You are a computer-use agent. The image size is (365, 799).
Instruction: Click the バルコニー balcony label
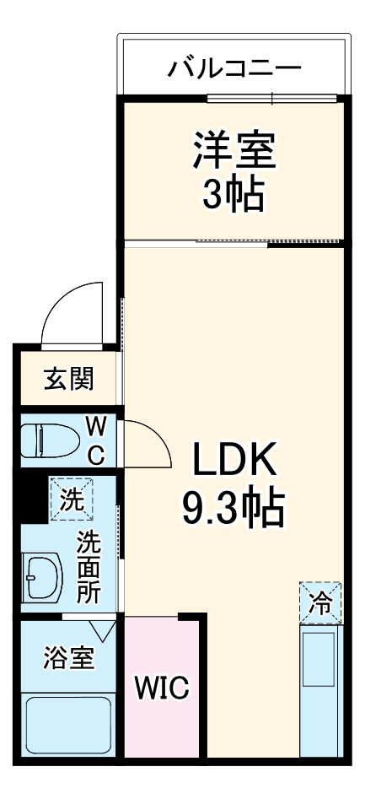(x=233, y=67)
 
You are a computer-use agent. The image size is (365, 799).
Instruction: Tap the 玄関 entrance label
(x=68, y=379)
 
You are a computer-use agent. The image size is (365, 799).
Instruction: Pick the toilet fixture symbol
(x=46, y=440)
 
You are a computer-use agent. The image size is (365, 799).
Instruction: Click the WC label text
(x=94, y=439)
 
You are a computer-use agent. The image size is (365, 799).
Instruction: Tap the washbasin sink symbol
(x=43, y=578)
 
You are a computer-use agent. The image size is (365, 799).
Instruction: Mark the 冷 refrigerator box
(x=320, y=602)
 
